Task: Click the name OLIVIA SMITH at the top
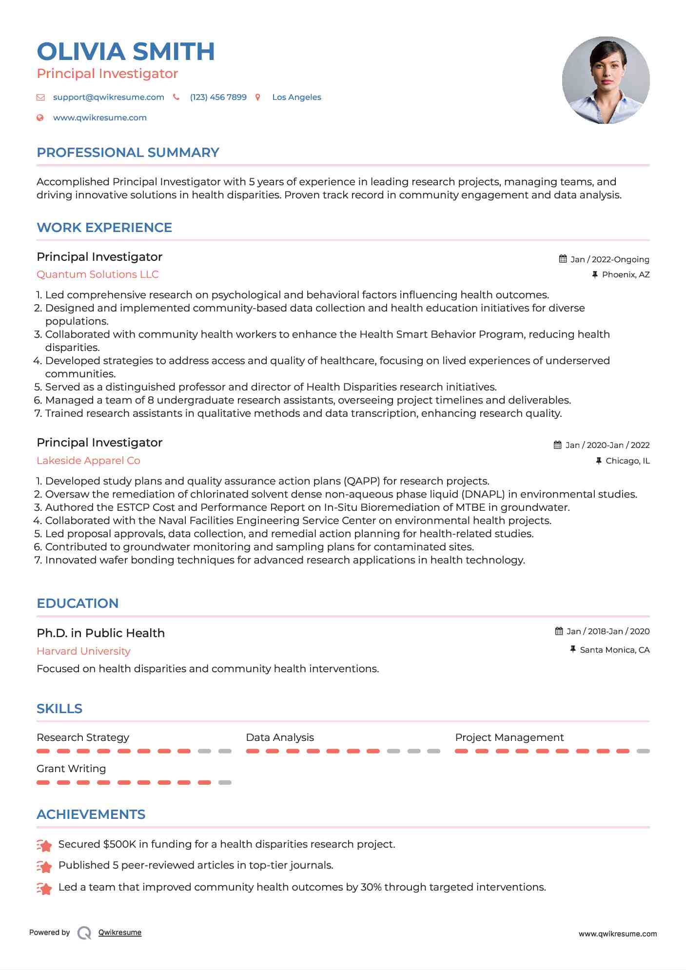click(126, 52)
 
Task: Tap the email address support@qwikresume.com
click(108, 97)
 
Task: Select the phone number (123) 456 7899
click(218, 97)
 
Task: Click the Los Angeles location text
click(296, 97)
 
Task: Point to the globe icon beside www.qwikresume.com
click(40, 117)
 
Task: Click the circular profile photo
click(606, 80)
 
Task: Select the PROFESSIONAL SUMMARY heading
click(128, 153)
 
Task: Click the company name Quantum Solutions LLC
click(98, 274)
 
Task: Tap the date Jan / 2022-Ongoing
click(609, 259)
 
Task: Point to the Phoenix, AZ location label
click(626, 274)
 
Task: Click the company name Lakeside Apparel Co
click(88, 461)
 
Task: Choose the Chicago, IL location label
click(627, 461)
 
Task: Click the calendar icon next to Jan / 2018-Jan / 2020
click(559, 631)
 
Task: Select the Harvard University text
click(83, 651)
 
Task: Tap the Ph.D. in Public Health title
click(100, 633)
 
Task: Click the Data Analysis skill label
click(280, 737)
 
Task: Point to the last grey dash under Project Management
click(643, 751)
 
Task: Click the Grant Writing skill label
click(71, 769)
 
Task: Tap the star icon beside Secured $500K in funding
click(44, 845)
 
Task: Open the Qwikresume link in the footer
click(120, 932)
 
